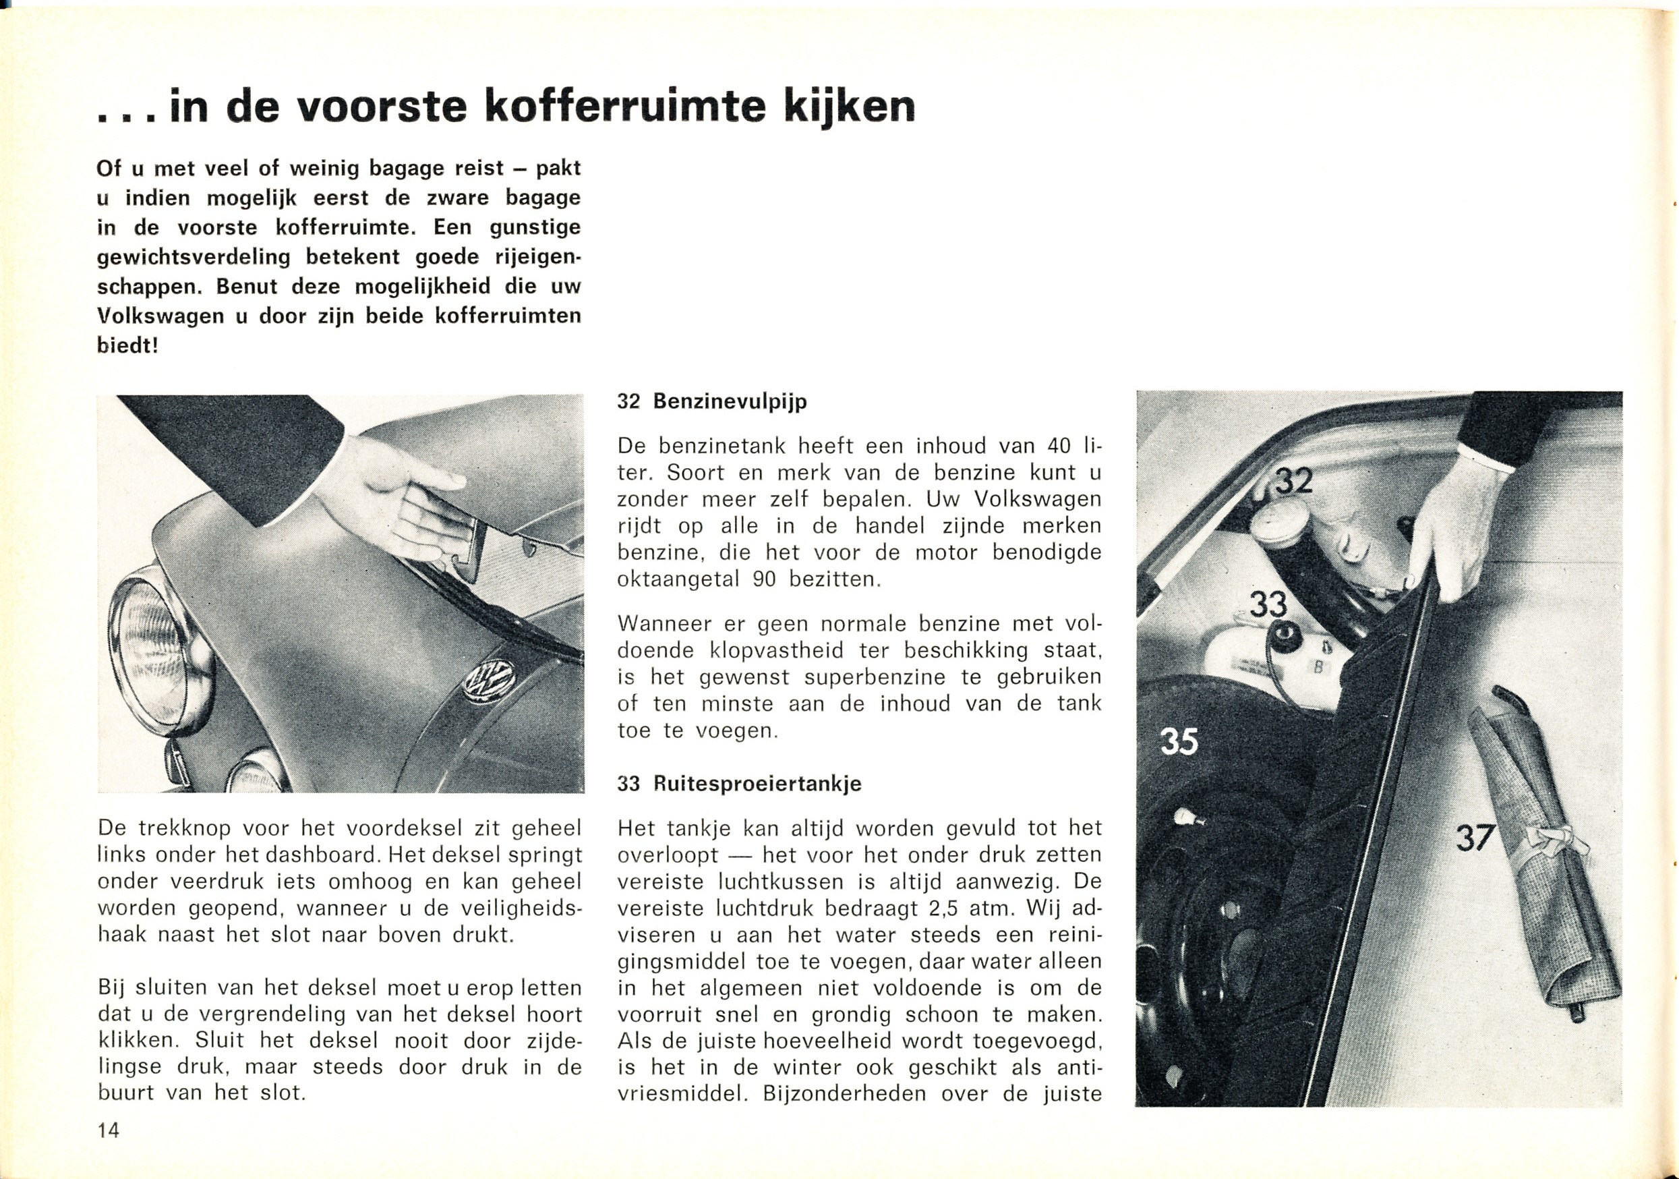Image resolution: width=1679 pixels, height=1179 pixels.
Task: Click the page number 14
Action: [x=109, y=1130]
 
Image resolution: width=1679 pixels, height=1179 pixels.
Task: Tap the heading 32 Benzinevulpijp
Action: [x=711, y=401]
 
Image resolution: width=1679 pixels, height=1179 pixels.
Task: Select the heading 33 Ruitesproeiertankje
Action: [x=739, y=784]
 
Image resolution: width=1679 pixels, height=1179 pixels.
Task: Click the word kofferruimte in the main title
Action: [x=626, y=107]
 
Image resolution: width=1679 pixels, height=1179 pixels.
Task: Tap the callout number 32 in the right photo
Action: [x=1293, y=483]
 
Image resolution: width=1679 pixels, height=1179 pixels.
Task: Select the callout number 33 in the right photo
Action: [x=1267, y=604]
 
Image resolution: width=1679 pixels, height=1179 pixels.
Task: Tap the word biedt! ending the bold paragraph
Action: [x=127, y=345]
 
